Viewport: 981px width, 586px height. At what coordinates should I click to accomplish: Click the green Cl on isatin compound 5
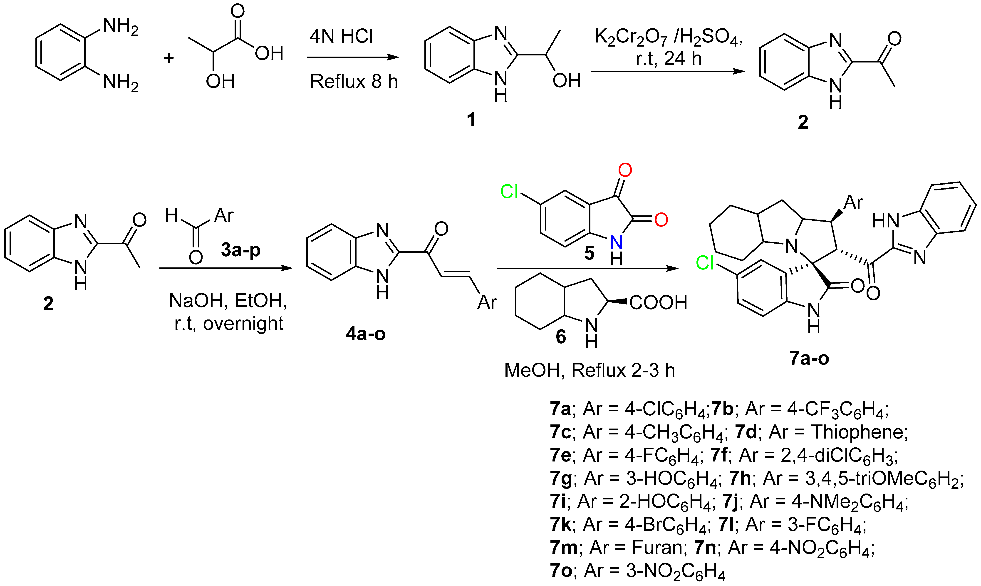point(509,192)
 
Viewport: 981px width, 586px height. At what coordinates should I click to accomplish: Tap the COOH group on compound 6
point(658,303)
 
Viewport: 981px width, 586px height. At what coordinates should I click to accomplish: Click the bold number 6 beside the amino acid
point(561,337)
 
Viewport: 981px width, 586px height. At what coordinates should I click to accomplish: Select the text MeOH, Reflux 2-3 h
point(590,370)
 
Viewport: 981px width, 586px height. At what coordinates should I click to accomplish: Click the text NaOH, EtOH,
point(228,301)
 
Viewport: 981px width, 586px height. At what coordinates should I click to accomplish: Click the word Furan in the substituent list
point(657,548)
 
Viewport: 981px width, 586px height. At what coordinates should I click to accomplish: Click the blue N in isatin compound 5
point(616,242)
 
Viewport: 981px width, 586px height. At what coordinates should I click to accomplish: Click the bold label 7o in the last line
point(561,571)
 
